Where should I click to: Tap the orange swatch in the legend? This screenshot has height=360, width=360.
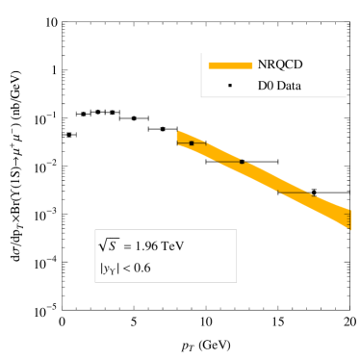(x=229, y=65)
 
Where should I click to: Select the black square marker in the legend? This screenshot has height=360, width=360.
(x=229, y=86)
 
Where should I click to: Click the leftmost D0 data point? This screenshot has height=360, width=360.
(x=192, y=142)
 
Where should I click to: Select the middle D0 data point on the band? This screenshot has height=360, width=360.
(x=242, y=162)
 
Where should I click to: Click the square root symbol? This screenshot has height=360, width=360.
(x=103, y=244)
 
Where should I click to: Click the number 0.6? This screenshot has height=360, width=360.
(x=141, y=268)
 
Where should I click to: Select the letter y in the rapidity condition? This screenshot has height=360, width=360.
(x=104, y=269)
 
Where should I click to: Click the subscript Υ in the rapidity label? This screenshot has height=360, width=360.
(x=111, y=270)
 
